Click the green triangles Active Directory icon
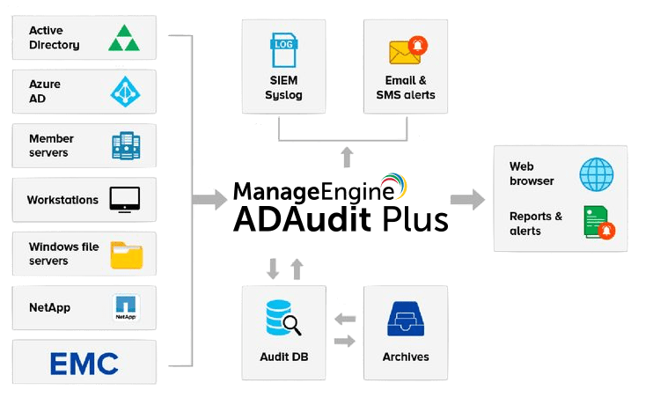pos(124,38)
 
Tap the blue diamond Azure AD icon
pos(124,92)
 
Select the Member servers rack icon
pos(125,145)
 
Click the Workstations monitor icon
pos(125,199)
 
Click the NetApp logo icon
pos(126,307)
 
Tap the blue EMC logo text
pos(84,362)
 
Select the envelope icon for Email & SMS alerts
pos(405,52)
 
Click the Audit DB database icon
pos(283,318)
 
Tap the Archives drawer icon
pos(406,319)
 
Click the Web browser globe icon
pos(597,174)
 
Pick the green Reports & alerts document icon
pos(597,223)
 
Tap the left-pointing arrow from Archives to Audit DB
pos(344,319)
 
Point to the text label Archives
pos(406,357)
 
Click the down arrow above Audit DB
pos(274,269)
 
